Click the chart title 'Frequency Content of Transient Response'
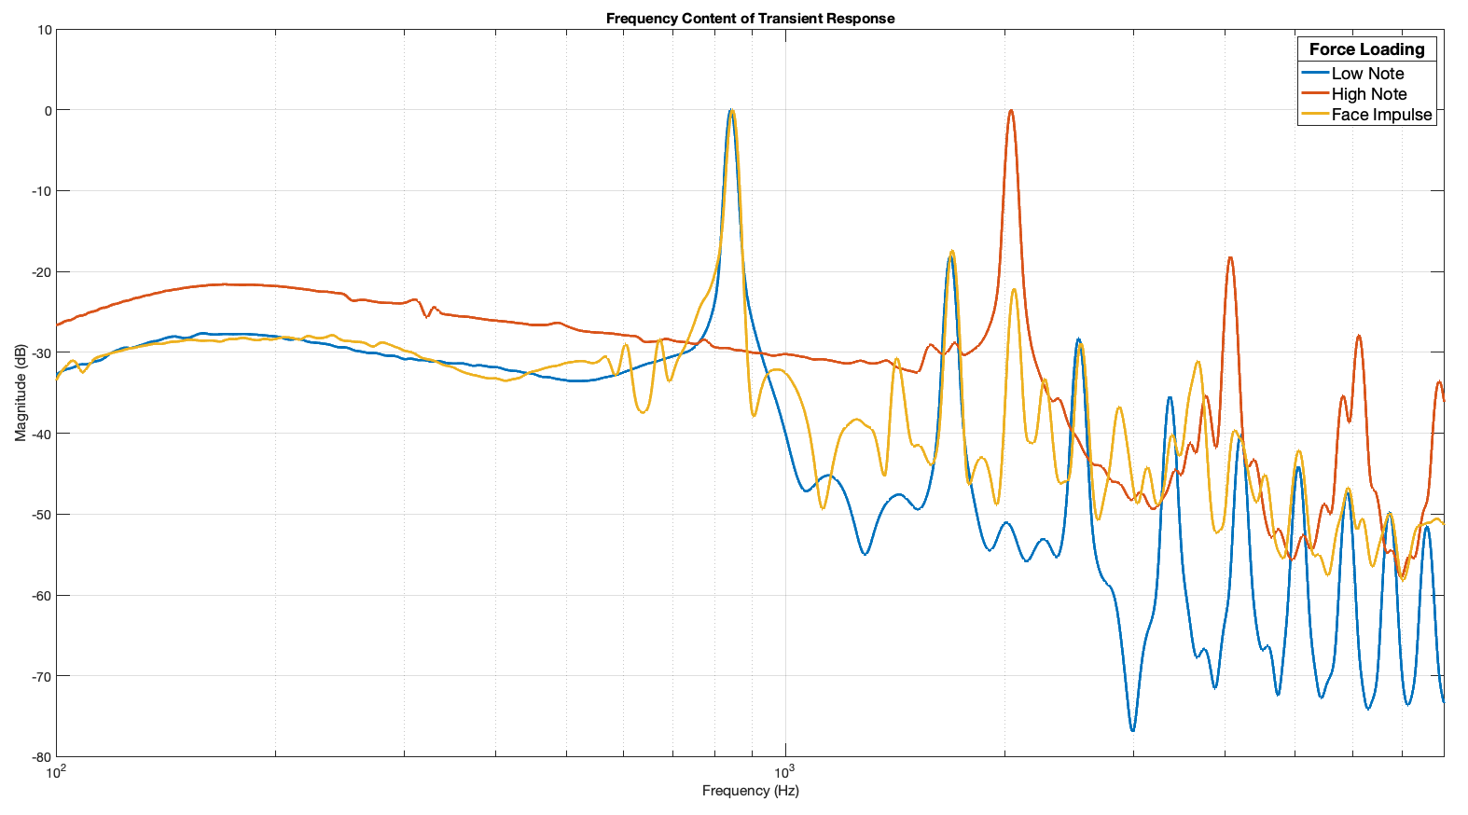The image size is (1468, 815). click(750, 19)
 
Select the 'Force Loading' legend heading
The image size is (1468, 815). click(1366, 49)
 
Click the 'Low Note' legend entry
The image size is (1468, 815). click(1367, 74)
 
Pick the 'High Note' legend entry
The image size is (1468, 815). click(1368, 94)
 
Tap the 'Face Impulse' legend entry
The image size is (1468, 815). click(1381, 115)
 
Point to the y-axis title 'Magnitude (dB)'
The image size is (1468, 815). click(21, 393)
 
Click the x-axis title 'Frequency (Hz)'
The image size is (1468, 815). click(750, 791)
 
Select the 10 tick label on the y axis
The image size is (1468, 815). click(45, 30)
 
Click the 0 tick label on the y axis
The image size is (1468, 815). click(48, 110)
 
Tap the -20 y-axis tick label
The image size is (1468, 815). click(42, 272)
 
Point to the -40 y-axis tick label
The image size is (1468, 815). click(42, 434)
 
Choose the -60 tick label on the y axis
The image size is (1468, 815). click(42, 595)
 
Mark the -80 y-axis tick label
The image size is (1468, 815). click(42, 757)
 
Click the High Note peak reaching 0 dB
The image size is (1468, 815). click(1010, 111)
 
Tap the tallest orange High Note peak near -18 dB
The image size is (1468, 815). click(1230, 258)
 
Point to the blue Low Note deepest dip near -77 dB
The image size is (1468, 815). click(1132, 730)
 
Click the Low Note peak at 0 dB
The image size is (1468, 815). click(730, 111)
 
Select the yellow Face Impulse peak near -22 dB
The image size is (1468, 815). click(1014, 289)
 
